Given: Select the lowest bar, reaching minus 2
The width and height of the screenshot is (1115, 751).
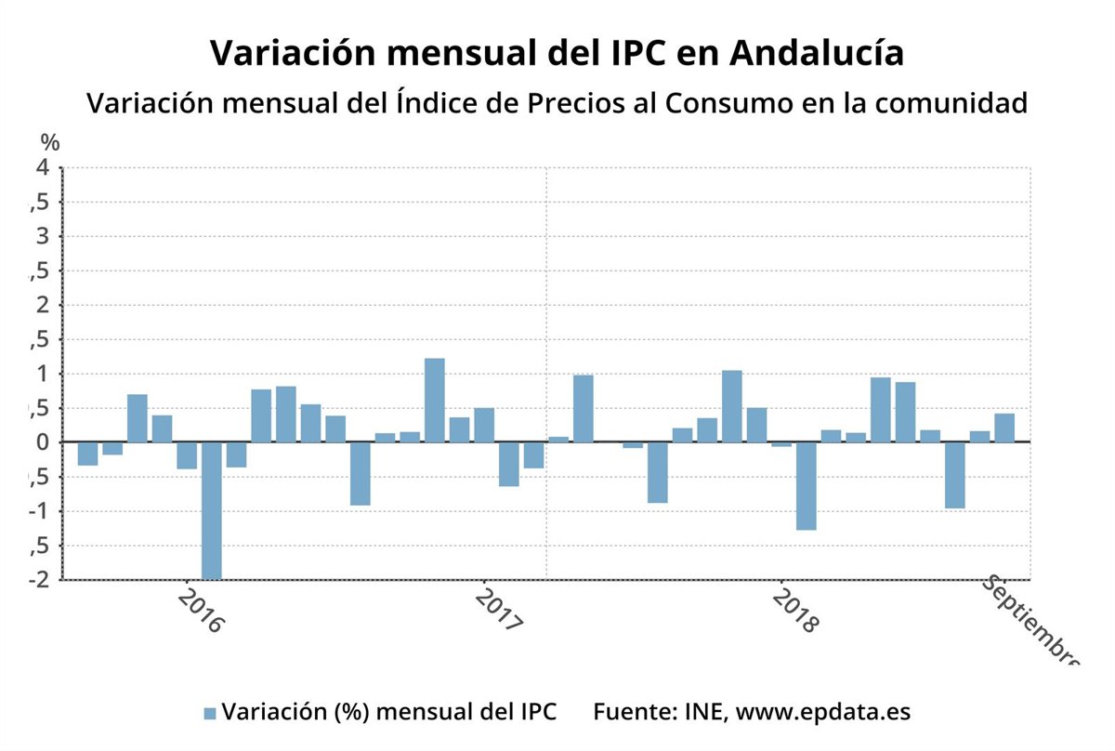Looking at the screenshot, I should click(x=211, y=510).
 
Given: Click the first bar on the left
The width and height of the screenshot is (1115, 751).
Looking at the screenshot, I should click(x=87, y=454).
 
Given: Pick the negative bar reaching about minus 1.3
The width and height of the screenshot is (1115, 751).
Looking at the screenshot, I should click(x=806, y=486).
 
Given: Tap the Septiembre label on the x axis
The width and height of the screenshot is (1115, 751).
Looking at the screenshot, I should click(x=1030, y=619).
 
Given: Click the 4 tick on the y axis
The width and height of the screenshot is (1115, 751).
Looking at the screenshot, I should click(x=42, y=168).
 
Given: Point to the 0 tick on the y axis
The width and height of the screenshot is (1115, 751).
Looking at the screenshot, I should click(x=42, y=442).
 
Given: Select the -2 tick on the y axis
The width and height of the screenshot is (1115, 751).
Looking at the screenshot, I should click(x=38, y=580).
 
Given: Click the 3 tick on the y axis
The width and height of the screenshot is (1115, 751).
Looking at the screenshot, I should click(x=42, y=237).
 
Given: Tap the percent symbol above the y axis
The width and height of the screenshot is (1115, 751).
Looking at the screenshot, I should click(x=50, y=142).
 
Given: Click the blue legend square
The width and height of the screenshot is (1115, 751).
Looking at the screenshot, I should click(x=209, y=713).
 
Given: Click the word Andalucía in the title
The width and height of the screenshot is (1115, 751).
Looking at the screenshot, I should click(x=816, y=53).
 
